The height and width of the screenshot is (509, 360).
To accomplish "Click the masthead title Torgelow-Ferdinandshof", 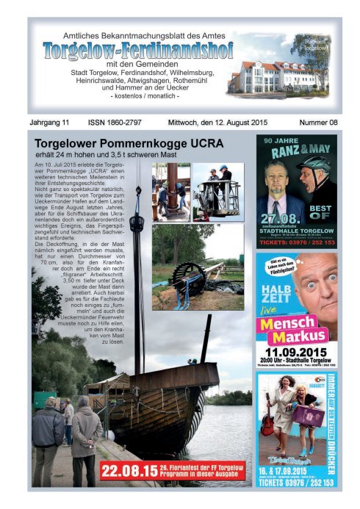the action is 137,50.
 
